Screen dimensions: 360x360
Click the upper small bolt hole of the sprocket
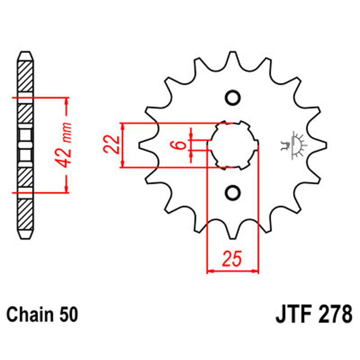[233, 98]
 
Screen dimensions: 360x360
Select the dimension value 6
[179, 145]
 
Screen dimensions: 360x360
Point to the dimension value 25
[233, 260]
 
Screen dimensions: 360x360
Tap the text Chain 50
[42, 314]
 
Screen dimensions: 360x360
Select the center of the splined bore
[233, 145]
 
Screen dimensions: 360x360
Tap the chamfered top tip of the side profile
[25, 54]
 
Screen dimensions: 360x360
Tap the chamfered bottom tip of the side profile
[25, 237]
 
